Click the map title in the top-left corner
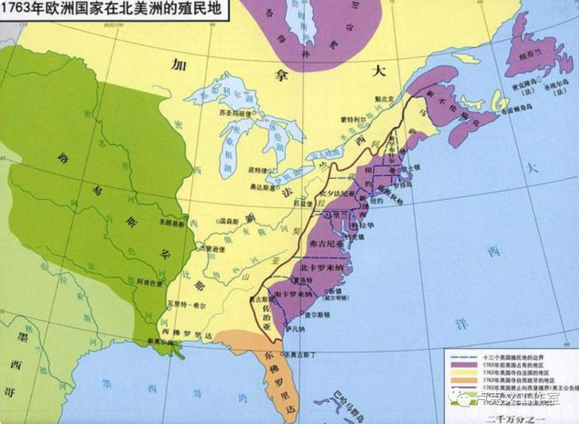pos(113,10)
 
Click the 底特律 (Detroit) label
pos(257,170)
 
